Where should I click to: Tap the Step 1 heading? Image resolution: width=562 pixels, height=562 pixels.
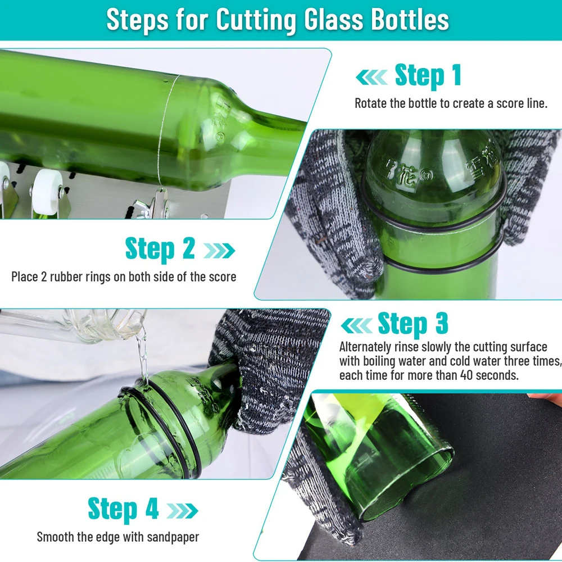point(428,76)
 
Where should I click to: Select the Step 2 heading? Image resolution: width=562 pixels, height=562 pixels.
point(160,249)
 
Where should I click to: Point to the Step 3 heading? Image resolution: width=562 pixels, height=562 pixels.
point(413,324)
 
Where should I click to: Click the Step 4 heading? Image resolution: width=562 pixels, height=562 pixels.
point(124,509)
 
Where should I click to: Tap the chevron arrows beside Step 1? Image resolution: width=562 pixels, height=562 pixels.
point(371,77)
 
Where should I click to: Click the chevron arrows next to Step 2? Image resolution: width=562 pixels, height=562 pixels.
point(219,250)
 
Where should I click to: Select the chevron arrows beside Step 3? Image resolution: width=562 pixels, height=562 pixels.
point(356,325)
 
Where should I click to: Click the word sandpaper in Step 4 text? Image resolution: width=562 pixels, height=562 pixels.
point(171,537)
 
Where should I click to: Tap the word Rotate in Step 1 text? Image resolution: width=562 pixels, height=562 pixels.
point(371,104)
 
